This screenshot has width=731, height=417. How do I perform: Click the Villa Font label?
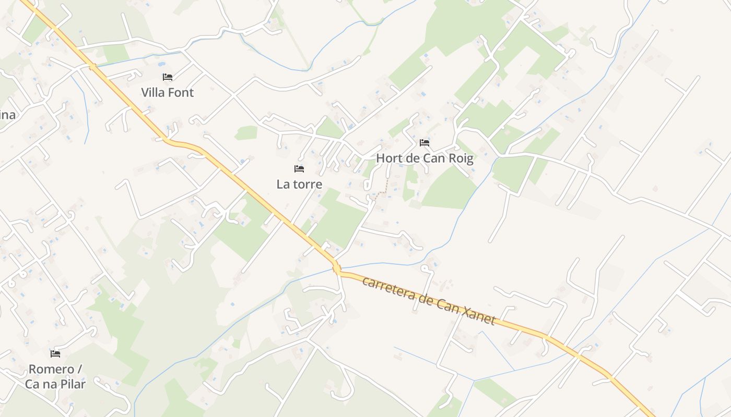pos(167,93)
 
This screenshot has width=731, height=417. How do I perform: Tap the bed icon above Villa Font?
pos(167,77)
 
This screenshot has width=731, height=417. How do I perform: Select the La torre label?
pos(299,184)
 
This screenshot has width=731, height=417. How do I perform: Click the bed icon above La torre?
pos(299,169)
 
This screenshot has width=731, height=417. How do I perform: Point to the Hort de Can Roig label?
pos(425,158)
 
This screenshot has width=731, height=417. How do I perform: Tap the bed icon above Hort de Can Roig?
pos(425,143)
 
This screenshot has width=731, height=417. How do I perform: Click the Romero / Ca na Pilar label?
pos(55,376)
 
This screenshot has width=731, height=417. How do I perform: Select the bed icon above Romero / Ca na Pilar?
pos(55,354)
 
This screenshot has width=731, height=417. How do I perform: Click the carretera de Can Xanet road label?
pos(428,301)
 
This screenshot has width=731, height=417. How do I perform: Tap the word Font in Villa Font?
pos(181,93)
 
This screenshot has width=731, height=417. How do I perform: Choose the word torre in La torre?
pos(308,184)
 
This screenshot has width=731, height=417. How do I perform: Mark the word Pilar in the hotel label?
pos(73,384)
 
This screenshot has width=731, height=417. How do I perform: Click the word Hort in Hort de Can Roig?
pos(388,158)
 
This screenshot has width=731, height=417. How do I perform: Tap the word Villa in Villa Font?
pos(154,93)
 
